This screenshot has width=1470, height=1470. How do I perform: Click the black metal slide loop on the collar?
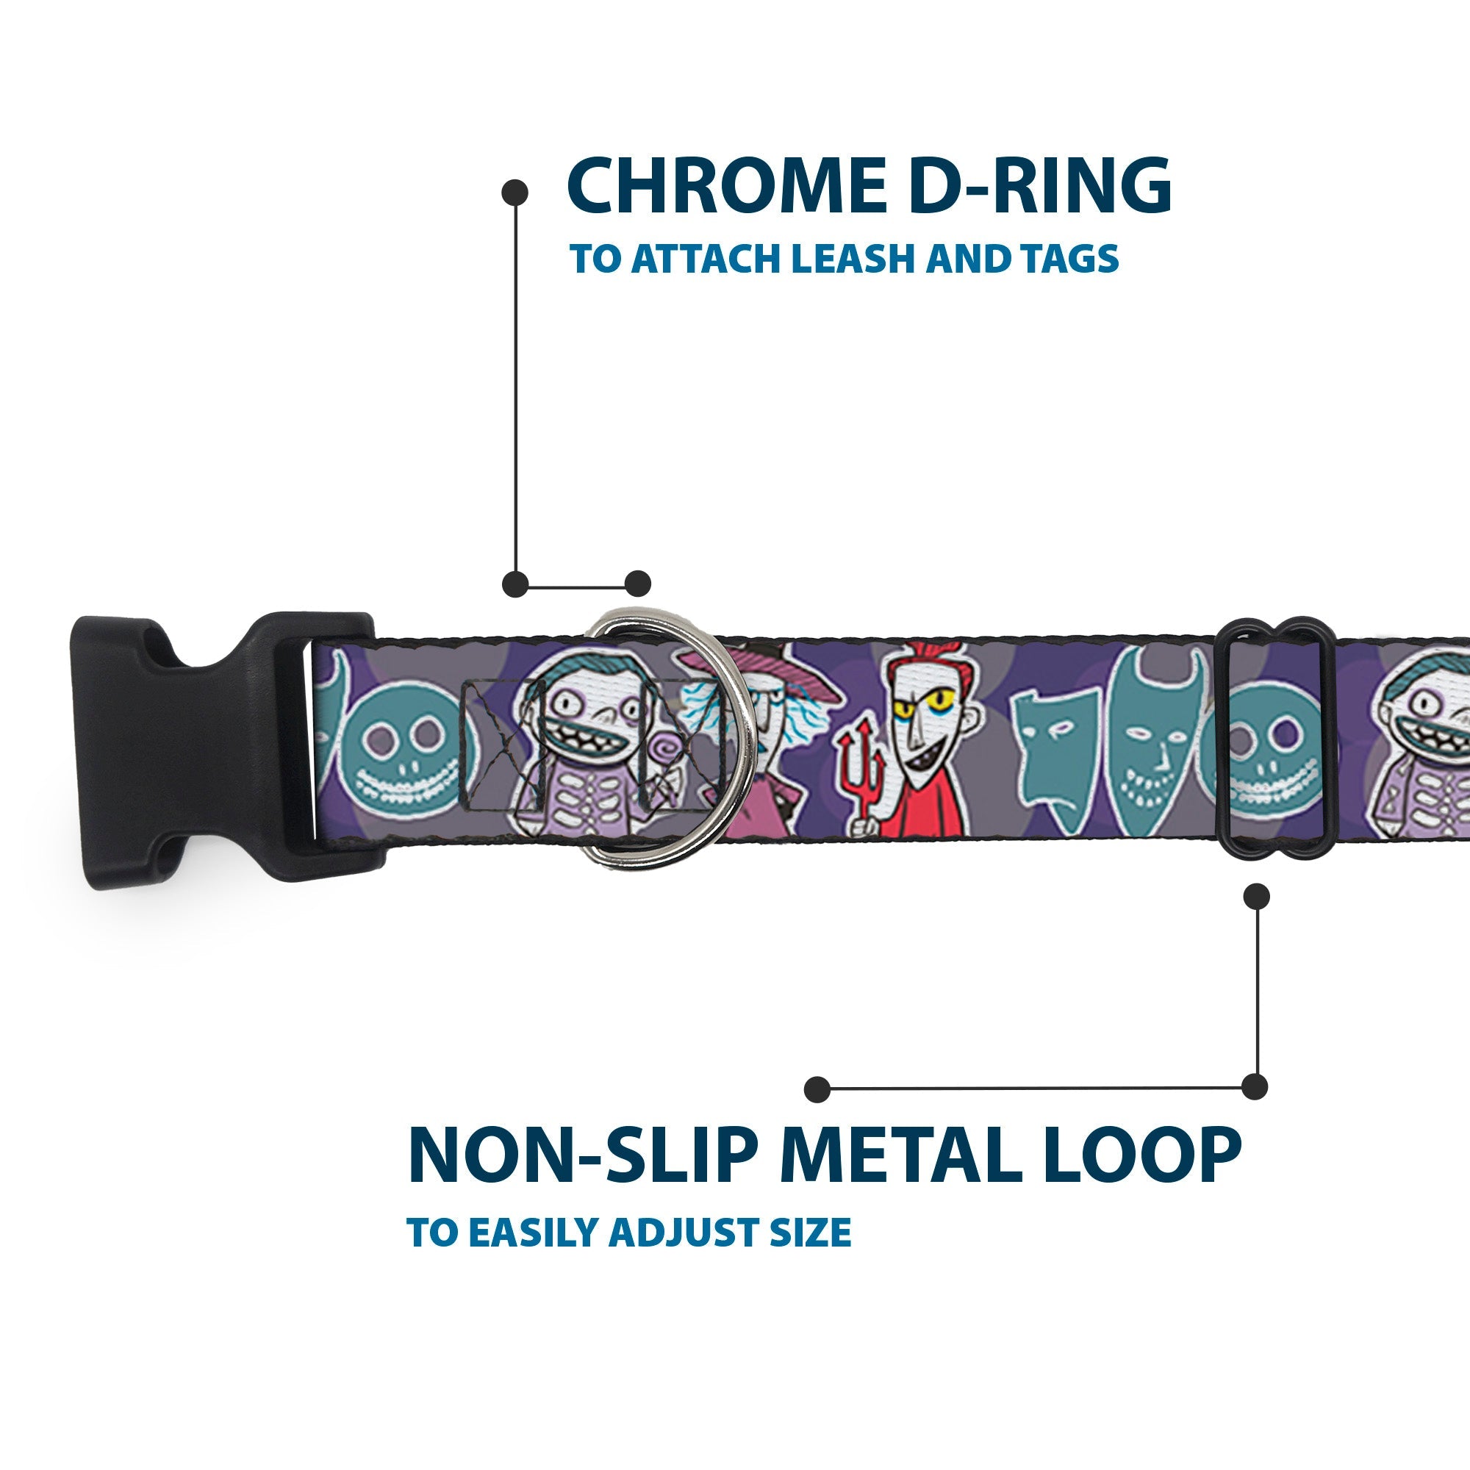(1279, 750)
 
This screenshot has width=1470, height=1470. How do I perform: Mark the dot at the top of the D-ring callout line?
(515, 192)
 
